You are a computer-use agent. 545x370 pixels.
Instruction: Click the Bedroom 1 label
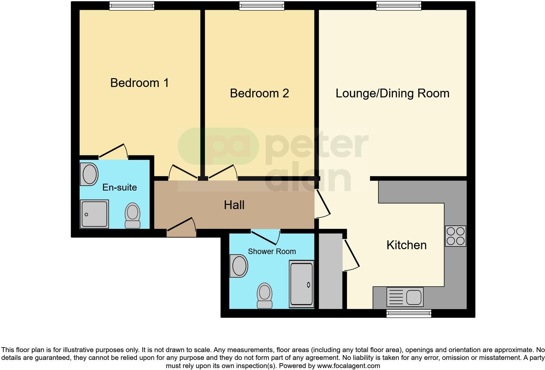[x=140, y=83]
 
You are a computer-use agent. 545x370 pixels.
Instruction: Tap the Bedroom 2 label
[x=259, y=93]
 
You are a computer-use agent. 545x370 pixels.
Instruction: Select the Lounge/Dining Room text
[x=392, y=93]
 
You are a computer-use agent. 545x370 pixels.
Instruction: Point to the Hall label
[x=234, y=205]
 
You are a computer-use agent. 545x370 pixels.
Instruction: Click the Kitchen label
[x=406, y=245]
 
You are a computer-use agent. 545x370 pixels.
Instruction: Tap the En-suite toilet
[x=132, y=216]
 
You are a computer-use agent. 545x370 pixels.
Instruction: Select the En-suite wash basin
[x=89, y=174]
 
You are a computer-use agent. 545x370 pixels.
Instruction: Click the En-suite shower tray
[x=95, y=214]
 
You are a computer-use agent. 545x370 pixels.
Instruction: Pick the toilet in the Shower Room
[x=265, y=295]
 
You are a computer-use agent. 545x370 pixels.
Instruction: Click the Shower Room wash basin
[x=239, y=266]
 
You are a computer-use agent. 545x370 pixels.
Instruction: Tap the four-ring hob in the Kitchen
[x=455, y=236]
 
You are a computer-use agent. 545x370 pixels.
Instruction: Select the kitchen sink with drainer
[x=405, y=297]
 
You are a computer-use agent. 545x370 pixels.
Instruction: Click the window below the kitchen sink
[x=409, y=313]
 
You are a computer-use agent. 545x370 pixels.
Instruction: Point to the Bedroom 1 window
[x=132, y=6]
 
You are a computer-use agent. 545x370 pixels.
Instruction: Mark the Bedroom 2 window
[x=262, y=6]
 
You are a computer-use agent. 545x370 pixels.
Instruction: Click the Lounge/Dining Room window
[x=399, y=6]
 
